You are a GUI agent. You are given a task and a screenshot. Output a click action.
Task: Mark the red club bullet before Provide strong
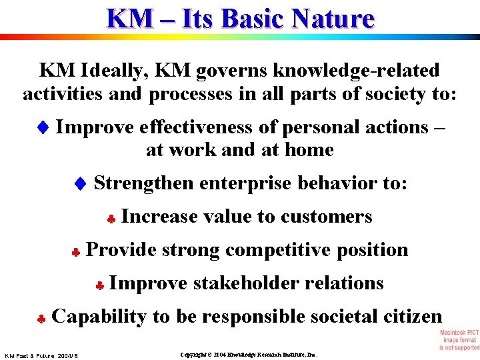point(77,252)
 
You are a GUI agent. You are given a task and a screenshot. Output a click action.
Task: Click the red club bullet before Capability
point(41,319)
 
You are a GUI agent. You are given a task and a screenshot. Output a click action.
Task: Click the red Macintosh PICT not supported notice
point(459,340)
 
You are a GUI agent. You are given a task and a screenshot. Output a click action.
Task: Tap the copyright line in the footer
point(249,355)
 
